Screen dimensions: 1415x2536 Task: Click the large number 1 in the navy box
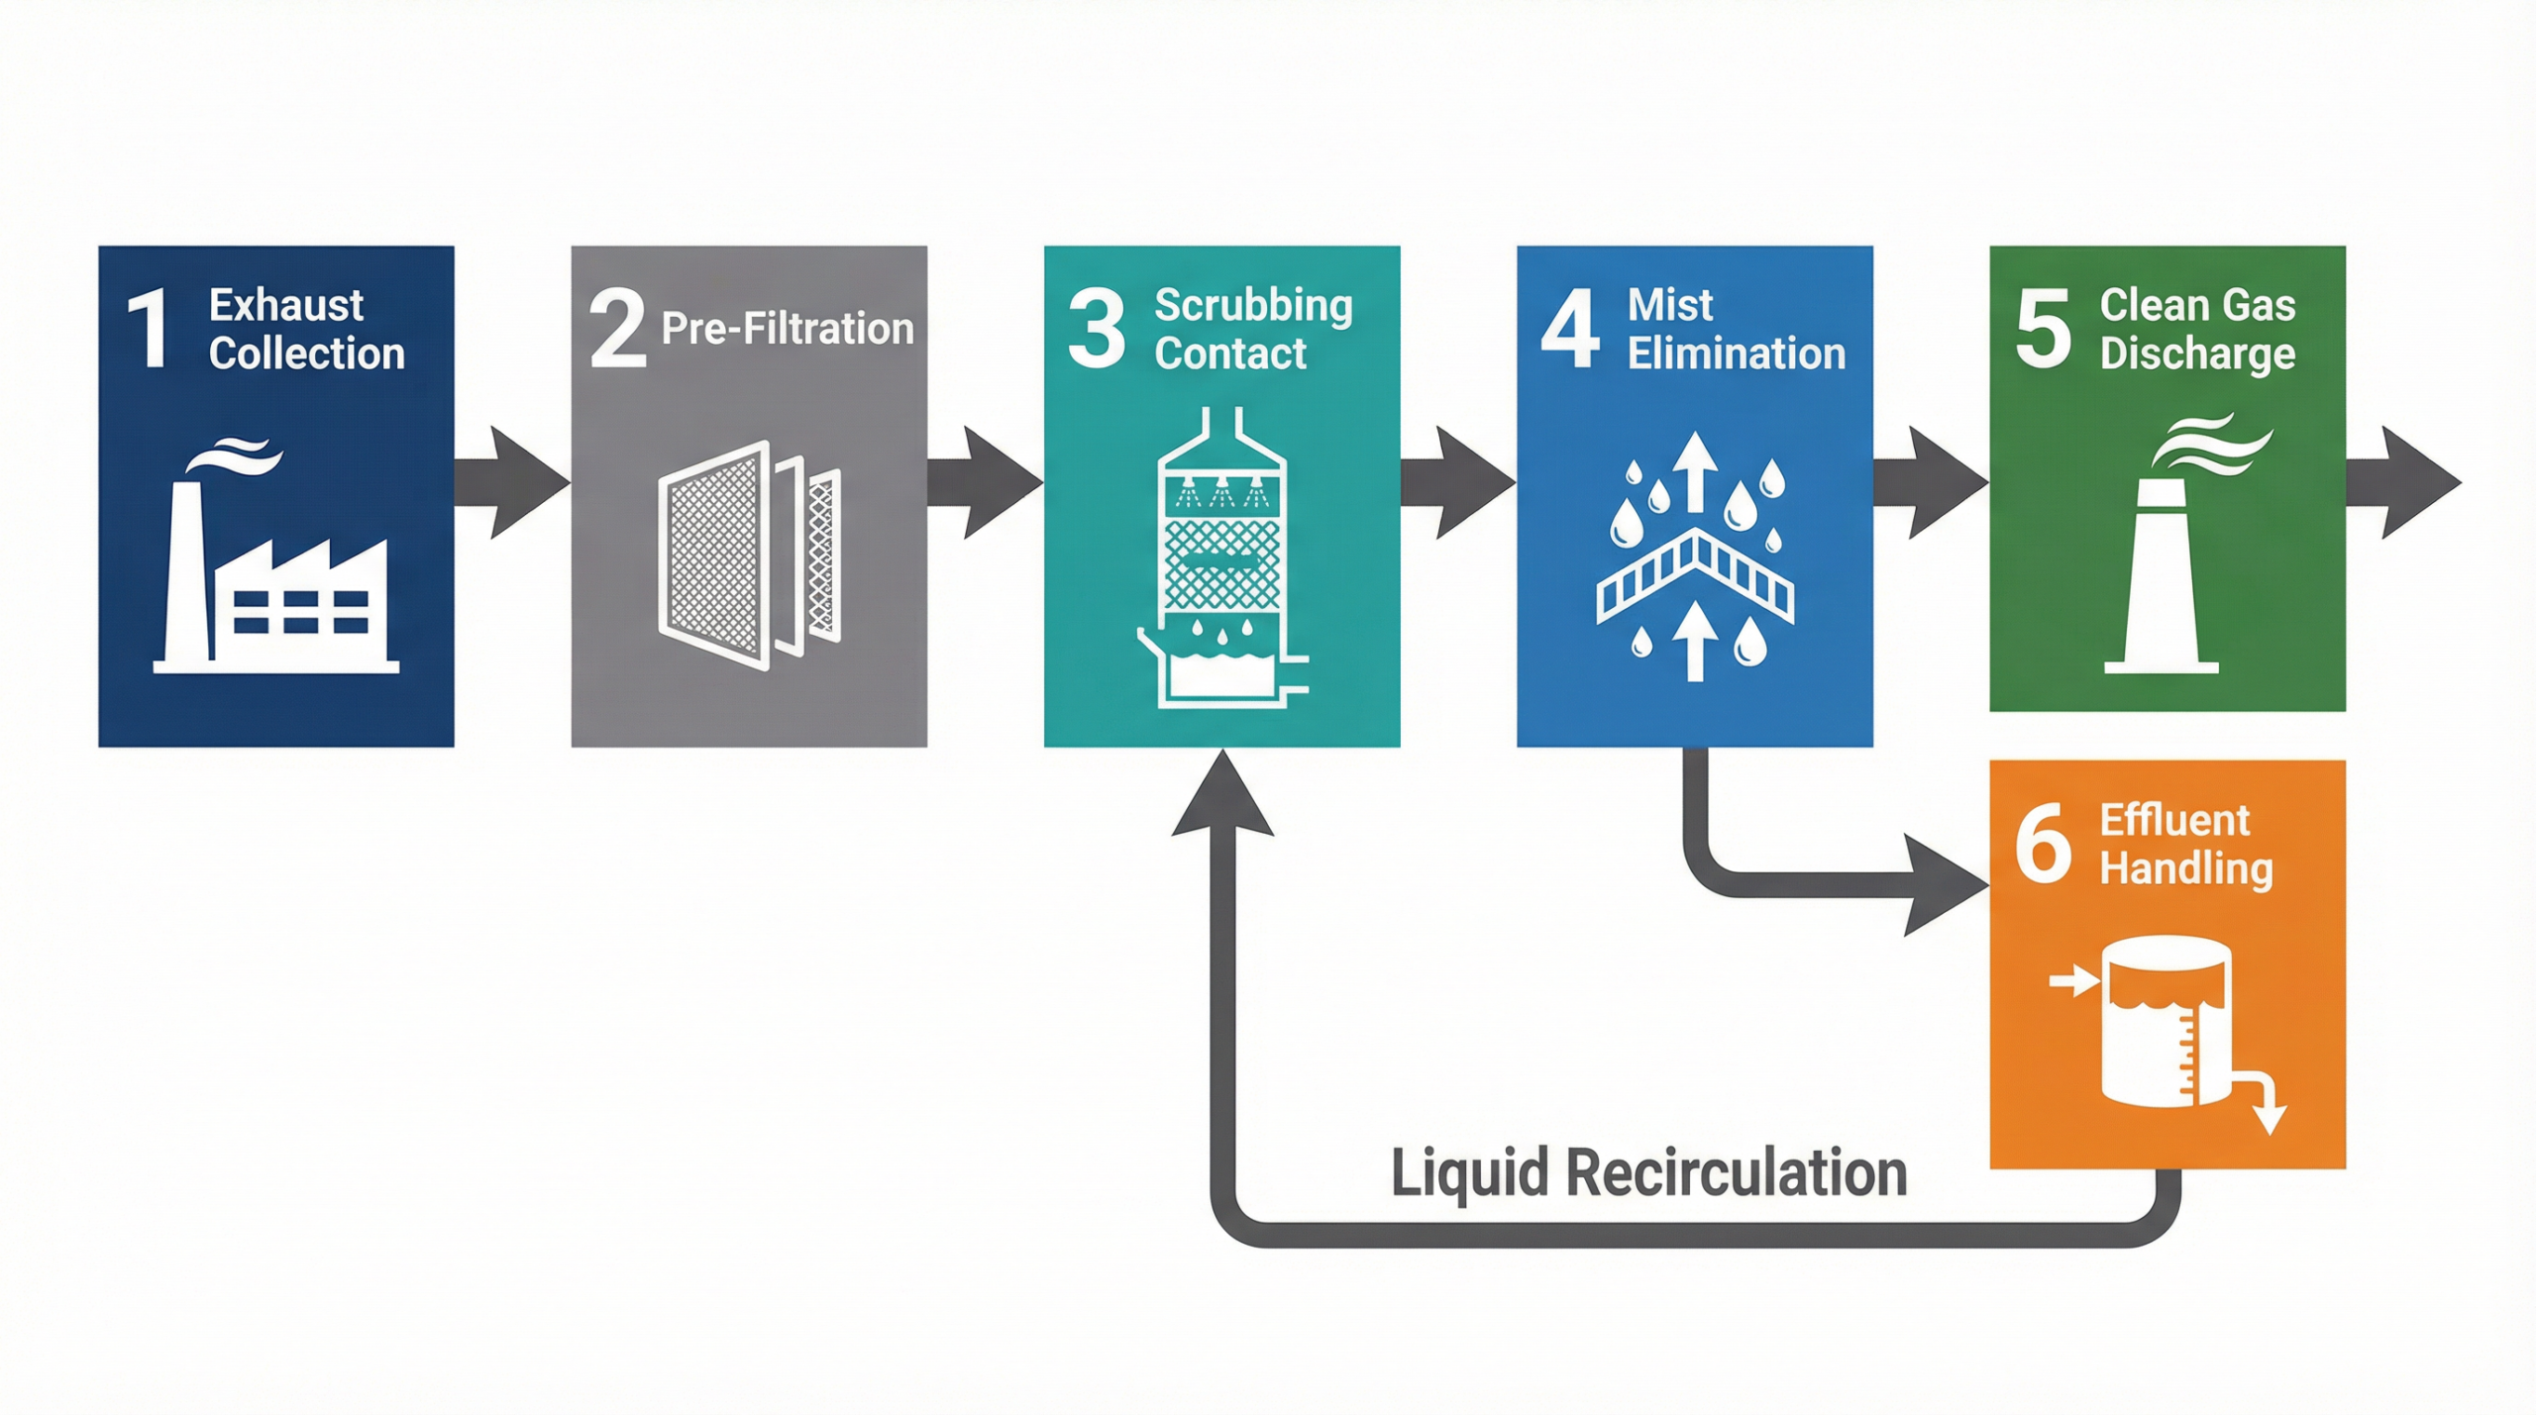[149, 329]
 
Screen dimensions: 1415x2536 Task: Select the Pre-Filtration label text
[787, 329]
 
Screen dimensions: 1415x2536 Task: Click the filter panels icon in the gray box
[749, 555]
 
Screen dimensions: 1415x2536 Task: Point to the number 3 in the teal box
[1096, 329]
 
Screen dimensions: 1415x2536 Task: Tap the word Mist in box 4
[1669, 305]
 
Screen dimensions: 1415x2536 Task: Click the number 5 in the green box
[2043, 329]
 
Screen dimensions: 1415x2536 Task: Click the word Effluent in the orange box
[2174, 820]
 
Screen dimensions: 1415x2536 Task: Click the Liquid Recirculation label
[1648, 1173]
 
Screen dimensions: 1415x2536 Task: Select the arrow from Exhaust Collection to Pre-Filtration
[511, 483]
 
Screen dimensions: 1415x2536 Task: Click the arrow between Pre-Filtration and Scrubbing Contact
[984, 483]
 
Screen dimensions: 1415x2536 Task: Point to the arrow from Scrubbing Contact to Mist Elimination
[1456, 483]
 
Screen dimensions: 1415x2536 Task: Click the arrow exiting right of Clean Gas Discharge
[2402, 483]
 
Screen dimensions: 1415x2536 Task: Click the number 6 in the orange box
[2043, 844]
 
